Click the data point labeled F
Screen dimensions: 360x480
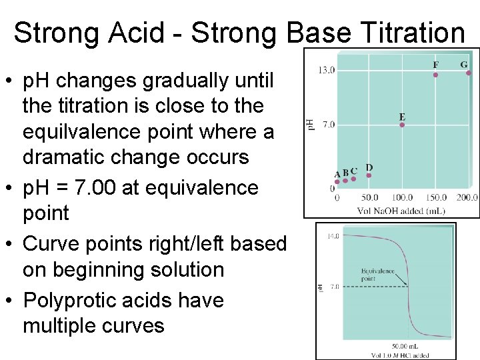click(x=435, y=75)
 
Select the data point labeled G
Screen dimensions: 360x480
click(x=468, y=73)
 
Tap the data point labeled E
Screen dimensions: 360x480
click(x=402, y=125)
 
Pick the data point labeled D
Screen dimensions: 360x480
click(x=369, y=176)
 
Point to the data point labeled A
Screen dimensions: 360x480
click(x=337, y=181)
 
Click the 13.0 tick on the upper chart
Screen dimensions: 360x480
click(x=326, y=69)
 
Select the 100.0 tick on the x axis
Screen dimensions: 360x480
click(x=402, y=197)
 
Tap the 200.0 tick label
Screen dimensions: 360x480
click(x=467, y=197)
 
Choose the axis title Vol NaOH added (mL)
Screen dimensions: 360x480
click(x=401, y=210)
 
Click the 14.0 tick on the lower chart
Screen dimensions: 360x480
click(x=333, y=236)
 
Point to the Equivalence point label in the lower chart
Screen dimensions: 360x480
click(x=377, y=275)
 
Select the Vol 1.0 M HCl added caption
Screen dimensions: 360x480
click(x=401, y=355)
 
